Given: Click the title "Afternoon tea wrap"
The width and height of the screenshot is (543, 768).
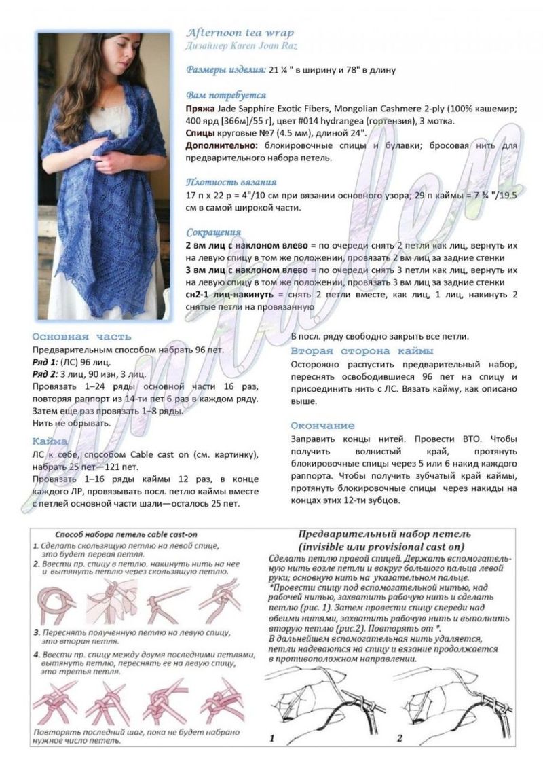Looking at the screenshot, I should pos(240,33).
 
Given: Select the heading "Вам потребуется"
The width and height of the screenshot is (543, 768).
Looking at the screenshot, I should pos(226,95).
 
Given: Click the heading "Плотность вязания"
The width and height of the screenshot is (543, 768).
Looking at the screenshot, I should pos(231,182).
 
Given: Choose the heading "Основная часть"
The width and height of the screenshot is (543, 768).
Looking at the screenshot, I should pos(81,336).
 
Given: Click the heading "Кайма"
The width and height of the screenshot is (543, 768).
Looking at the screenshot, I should pos(49,441).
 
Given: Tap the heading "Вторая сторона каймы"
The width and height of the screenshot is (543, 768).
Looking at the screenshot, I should pos(362,351).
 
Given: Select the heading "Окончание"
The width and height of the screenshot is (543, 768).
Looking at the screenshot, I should pos(322,425).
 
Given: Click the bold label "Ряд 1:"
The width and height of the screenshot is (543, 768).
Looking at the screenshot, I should pos(46,362).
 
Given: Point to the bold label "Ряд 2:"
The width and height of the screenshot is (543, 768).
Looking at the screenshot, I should pos(46,374).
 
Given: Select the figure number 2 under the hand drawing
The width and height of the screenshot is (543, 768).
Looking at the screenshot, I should pos(400,737).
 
